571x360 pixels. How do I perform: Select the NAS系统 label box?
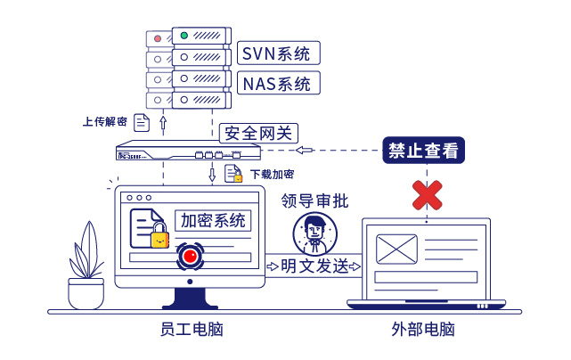tap(278, 84)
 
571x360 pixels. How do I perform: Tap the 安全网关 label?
tap(257, 134)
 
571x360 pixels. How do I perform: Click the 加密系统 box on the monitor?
tap(214, 220)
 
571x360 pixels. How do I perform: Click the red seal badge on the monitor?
tap(189, 257)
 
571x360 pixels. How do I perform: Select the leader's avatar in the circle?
tap(314, 233)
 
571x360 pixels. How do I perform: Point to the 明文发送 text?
tap(314, 266)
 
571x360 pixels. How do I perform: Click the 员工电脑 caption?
tap(191, 330)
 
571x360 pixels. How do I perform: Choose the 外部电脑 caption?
tap(423, 330)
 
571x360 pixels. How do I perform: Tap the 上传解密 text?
tap(105, 121)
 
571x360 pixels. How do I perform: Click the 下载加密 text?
tap(272, 175)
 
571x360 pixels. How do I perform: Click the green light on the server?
tap(184, 36)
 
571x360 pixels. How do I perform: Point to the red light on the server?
tap(157, 38)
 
